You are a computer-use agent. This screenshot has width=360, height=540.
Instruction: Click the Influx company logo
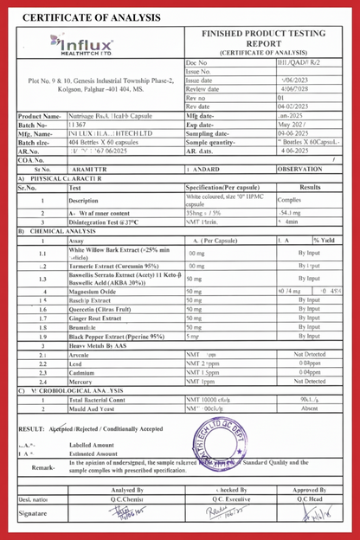(85, 42)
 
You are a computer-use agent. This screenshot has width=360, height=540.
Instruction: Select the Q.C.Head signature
(309, 515)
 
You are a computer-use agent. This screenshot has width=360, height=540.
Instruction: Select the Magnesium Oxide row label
(94, 292)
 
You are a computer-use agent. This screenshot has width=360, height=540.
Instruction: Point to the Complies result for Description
(289, 199)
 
